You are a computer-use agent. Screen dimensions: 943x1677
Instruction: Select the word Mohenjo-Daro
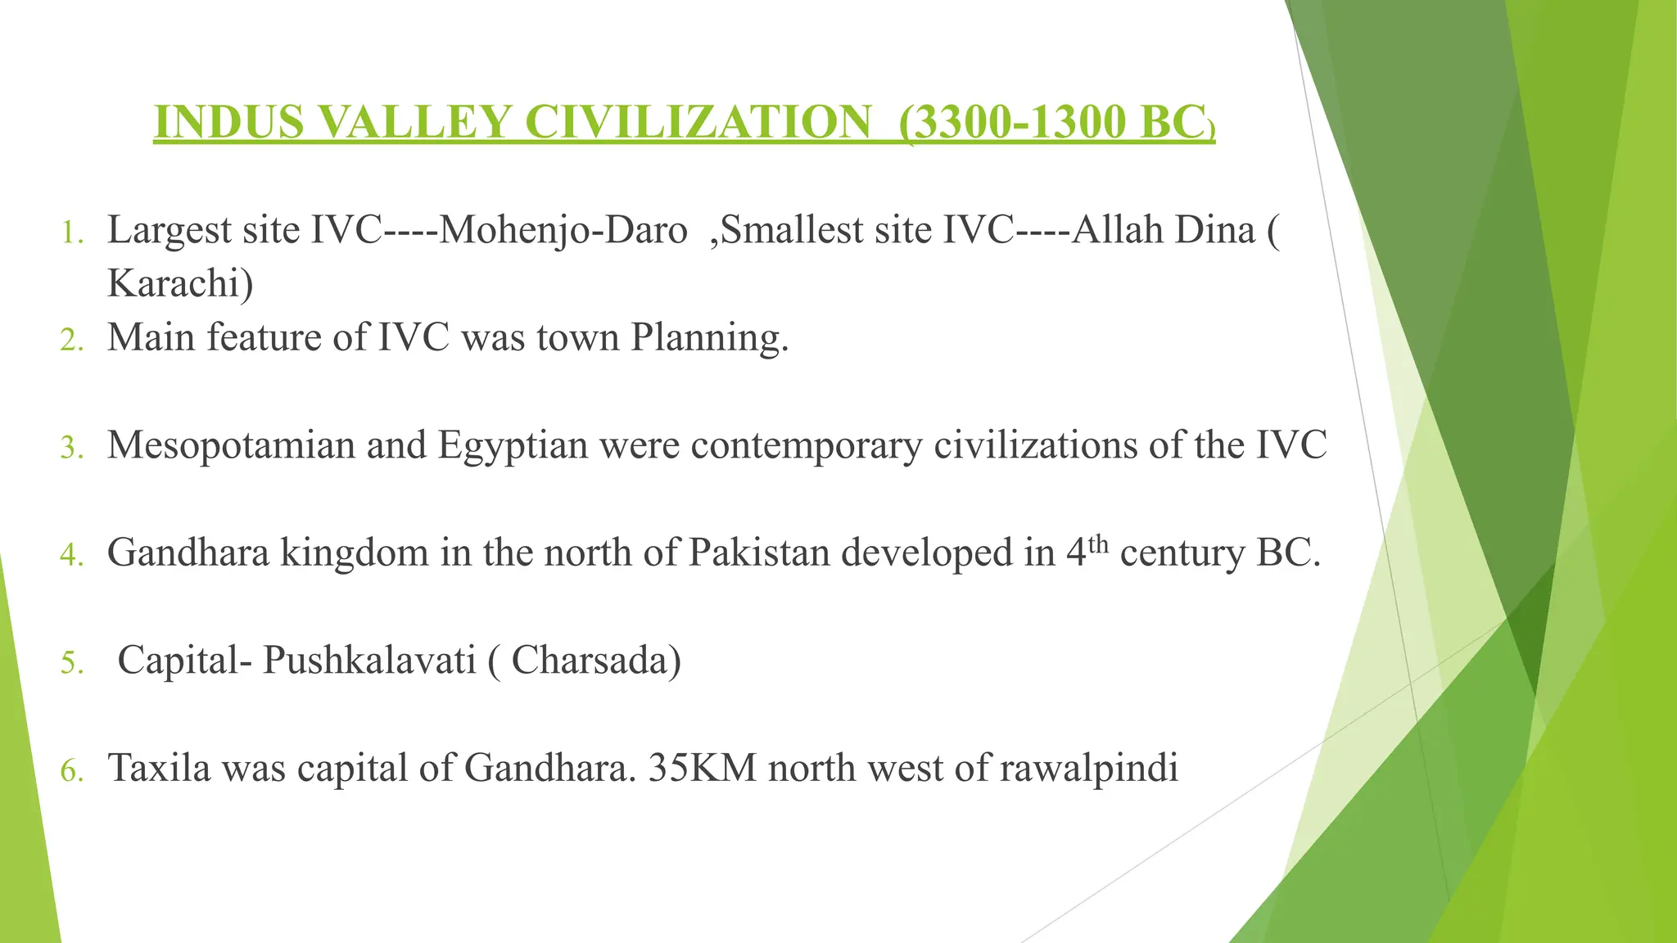click(563, 230)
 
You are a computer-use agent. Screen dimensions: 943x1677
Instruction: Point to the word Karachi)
click(180, 283)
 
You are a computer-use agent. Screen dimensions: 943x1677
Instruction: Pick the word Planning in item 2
click(709, 337)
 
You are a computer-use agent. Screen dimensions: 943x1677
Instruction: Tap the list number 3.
click(71, 449)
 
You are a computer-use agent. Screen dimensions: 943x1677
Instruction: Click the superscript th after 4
click(1098, 544)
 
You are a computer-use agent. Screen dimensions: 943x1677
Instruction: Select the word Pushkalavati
click(369, 661)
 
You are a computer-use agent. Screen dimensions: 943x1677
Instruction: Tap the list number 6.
click(71, 772)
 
